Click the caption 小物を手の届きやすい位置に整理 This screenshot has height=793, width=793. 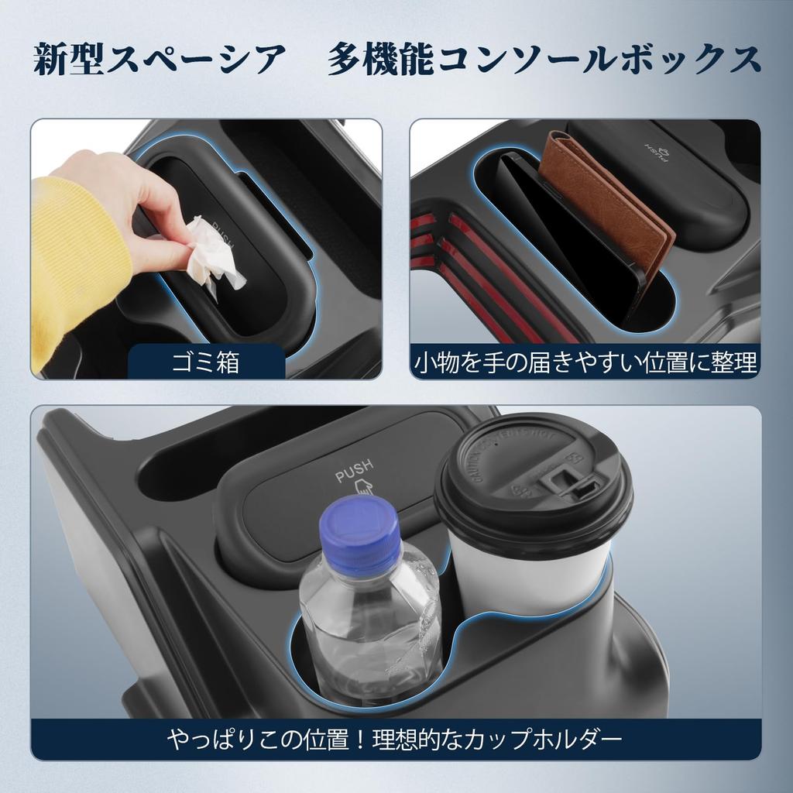pos(585,362)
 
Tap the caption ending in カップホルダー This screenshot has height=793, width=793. pos(395,740)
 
